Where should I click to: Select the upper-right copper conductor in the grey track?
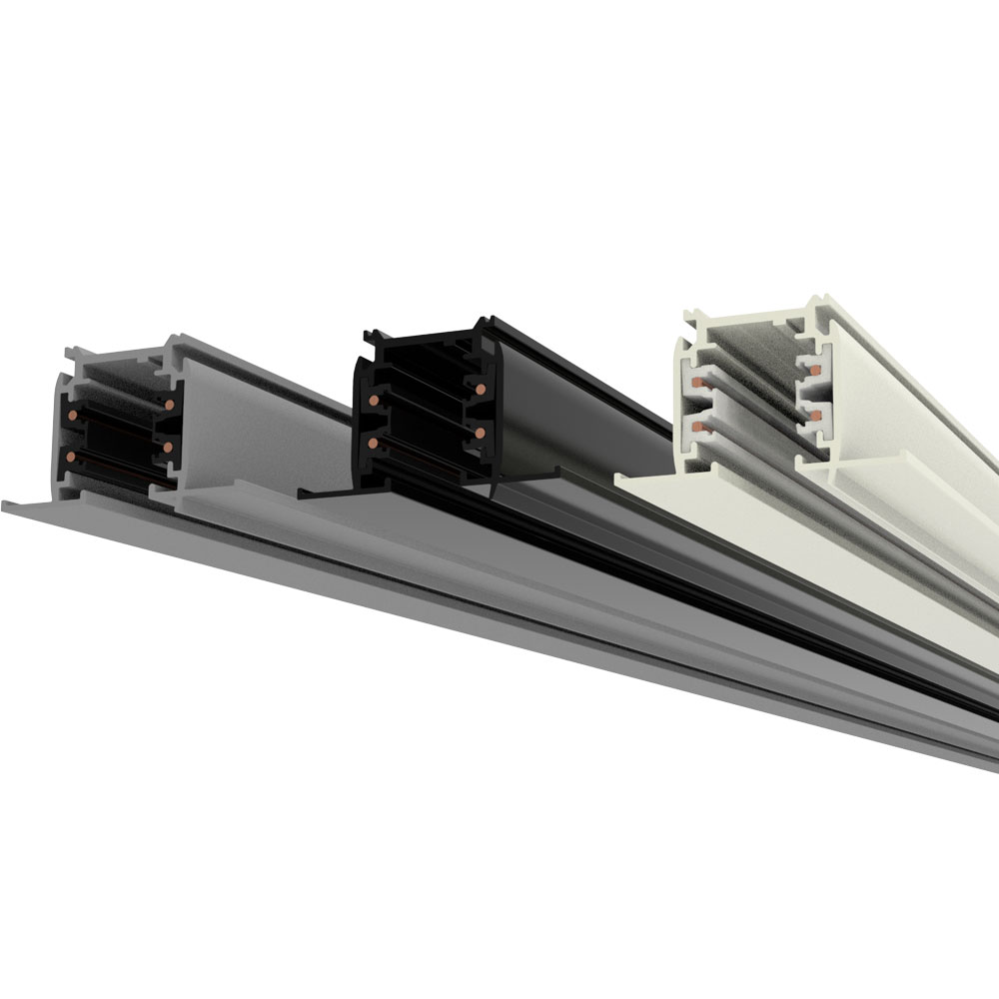169,405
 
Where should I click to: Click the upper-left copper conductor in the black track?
373,401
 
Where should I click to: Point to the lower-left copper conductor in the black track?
373,441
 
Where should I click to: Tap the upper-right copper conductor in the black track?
481,387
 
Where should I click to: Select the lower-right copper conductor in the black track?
481,431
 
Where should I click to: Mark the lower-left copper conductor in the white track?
692,425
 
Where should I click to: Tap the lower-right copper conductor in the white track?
814,411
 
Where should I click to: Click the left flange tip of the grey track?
8,504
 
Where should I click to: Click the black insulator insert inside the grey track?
110,440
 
